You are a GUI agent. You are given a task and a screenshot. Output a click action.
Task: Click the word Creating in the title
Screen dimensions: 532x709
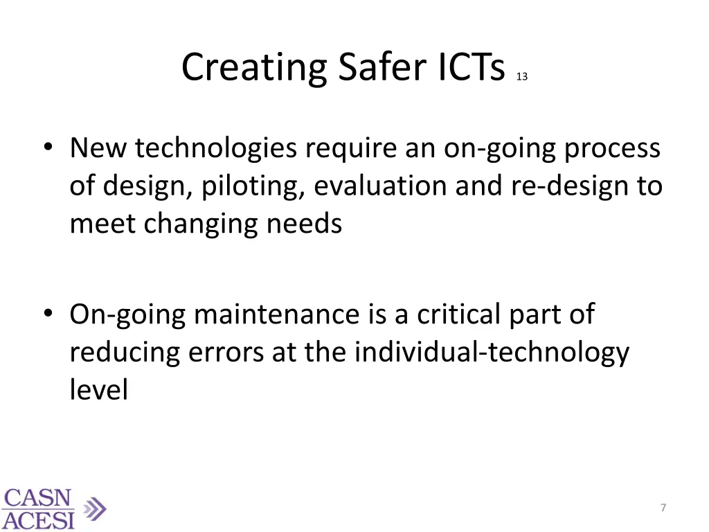point(254,69)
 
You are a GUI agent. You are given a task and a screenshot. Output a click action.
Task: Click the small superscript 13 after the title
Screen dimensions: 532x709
point(521,78)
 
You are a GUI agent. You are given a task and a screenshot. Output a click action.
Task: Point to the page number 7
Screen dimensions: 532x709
point(663,508)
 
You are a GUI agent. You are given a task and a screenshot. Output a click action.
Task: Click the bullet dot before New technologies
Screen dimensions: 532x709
point(46,149)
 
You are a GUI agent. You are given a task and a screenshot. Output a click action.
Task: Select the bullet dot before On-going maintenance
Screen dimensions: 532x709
point(46,315)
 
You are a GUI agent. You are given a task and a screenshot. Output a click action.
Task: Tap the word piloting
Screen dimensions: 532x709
point(252,187)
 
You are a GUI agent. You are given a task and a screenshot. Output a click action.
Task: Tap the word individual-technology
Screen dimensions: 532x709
point(492,353)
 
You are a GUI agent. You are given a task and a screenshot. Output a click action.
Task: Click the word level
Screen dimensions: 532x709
point(99,390)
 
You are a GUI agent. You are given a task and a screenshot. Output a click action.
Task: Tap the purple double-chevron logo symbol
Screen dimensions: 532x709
point(94,510)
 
